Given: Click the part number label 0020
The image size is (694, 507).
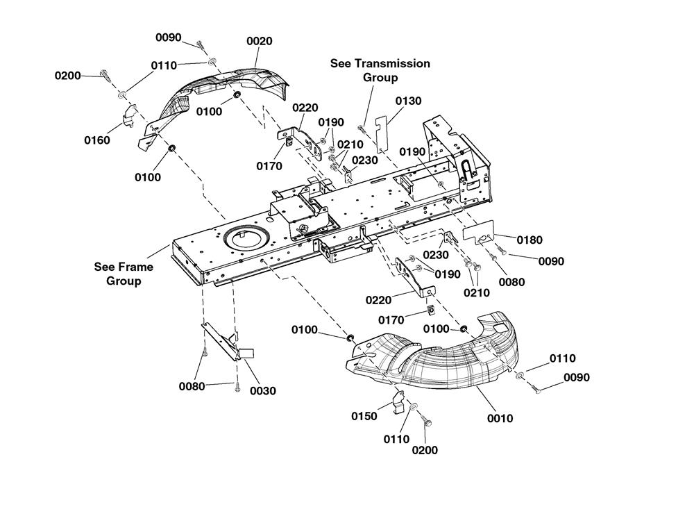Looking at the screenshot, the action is click(x=260, y=41).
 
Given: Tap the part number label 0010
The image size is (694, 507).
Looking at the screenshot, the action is click(x=500, y=418).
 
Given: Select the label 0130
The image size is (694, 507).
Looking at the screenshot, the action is click(x=408, y=101).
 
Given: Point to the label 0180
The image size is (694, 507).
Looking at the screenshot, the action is click(x=530, y=240).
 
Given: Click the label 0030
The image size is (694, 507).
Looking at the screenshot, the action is click(x=263, y=391).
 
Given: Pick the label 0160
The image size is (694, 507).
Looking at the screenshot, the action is click(x=97, y=140).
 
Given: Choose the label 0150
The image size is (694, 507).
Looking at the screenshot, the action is click(x=364, y=416).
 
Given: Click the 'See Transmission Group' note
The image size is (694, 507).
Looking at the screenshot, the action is click(x=380, y=70).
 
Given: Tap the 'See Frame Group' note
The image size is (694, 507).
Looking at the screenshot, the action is click(x=124, y=274).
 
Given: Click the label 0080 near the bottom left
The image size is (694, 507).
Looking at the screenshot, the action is click(x=192, y=387).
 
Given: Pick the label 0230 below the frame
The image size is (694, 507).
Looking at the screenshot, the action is click(x=436, y=255).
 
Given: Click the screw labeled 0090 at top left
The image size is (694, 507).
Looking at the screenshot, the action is click(x=200, y=44).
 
